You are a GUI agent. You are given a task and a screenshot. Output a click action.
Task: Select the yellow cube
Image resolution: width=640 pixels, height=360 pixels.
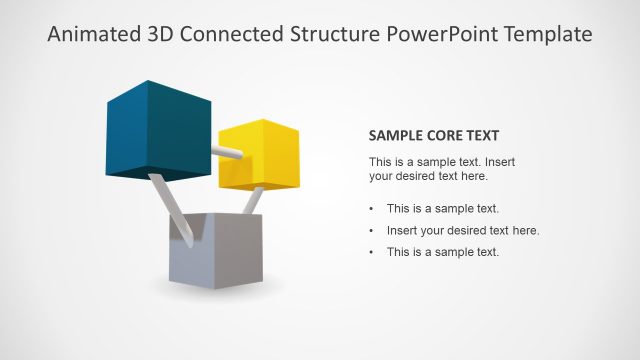click(258, 158)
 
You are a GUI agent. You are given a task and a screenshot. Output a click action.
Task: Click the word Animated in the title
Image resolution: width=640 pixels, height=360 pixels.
click(90, 35)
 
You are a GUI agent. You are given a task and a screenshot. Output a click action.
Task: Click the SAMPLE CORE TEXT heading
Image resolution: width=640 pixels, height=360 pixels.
click(434, 136)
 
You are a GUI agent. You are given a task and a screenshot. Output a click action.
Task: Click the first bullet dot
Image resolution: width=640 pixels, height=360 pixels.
click(372, 209)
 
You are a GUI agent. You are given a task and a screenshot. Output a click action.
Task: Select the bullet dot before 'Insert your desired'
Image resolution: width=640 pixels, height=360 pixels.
click(372, 231)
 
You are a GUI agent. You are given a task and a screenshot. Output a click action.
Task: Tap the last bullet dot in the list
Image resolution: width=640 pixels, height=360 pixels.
click(372, 252)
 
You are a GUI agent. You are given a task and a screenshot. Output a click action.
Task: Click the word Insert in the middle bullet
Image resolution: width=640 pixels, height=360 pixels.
click(402, 230)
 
